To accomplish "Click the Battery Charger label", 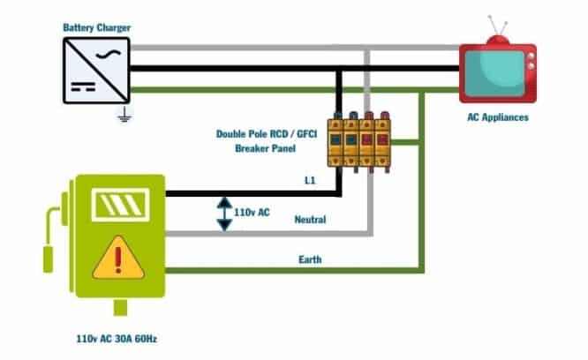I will pyautogui.click(x=96, y=28).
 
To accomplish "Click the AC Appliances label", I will pyautogui.click(x=497, y=116).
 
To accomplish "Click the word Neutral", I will pyautogui.click(x=310, y=220).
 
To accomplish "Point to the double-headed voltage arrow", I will pyautogui.click(x=224, y=213).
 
